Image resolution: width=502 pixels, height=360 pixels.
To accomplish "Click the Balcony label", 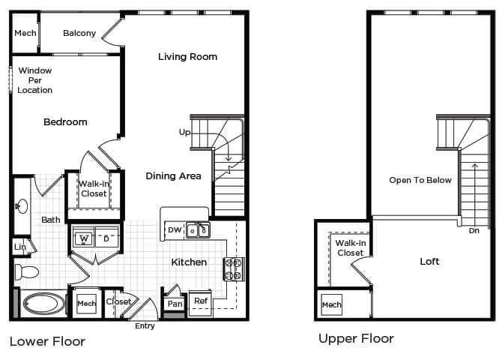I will [79, 33].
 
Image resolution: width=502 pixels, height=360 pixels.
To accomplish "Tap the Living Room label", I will [187, 57].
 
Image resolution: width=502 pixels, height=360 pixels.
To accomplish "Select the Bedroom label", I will [65, 122].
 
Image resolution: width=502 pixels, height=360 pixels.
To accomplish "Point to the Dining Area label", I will [173, 176].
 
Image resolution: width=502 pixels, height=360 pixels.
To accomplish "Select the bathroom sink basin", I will [21, 205].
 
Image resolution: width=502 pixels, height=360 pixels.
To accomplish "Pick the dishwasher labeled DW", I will [174, 229].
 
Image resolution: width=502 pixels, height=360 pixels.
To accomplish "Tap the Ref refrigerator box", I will [201, 301].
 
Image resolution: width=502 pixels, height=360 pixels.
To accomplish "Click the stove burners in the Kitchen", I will [232, 269].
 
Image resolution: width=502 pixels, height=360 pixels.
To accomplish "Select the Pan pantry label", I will [175, 304].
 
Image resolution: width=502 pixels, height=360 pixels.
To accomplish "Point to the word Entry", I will [145, 325].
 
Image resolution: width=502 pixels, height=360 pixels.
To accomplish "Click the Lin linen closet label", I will [20, 246].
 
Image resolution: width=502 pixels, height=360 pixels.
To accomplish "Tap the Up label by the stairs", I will [184, 132].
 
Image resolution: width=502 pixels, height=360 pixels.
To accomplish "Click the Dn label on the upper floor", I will [474, 231].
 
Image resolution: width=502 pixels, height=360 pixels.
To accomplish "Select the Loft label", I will [429, 262].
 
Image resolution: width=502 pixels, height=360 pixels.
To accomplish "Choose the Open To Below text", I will [420, 180].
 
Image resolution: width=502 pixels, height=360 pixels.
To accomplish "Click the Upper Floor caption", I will [356, 339].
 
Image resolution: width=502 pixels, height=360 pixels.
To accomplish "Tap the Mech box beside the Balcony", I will [25, 33].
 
